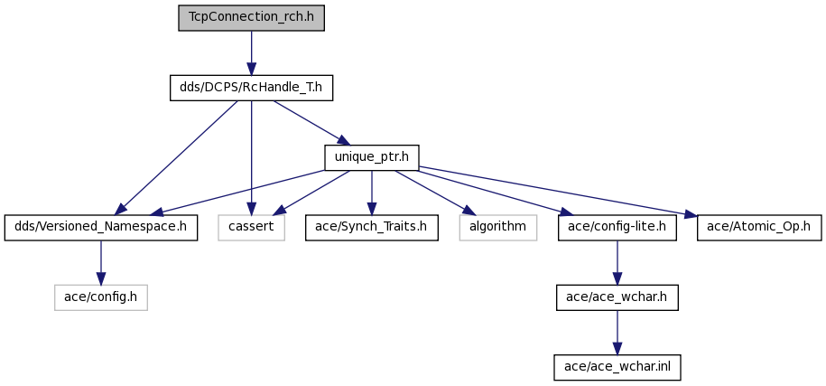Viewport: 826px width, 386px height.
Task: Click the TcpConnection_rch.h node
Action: [251, 18]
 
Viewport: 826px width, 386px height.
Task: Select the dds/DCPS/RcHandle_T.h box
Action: [251, 88]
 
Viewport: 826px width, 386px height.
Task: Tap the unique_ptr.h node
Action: [372, 157]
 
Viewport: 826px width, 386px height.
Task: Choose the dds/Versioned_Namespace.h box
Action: [100, 228]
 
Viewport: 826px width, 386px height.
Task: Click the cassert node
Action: [251, 228]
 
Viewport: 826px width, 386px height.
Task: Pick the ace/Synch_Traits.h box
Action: [372, 228]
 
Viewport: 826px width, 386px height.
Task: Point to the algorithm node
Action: [497, 228]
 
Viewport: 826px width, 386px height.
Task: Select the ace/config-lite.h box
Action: [617, 228]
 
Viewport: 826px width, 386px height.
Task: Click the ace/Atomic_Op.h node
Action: [759, 228]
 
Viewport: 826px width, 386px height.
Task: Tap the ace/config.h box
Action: [100, 297]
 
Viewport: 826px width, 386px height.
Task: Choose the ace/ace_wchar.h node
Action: [617, 297]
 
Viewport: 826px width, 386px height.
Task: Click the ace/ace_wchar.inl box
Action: [617, 367]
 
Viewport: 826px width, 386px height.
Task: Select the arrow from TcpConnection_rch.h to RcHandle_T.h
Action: [251, 52]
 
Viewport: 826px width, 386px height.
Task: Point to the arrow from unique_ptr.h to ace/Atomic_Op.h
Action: [558, 192]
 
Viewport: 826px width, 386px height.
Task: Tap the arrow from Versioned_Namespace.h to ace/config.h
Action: [100, 263]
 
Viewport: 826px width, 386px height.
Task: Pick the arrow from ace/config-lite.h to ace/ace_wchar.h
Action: [617, 263]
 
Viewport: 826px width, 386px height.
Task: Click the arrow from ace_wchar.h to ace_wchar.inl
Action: [617, 333]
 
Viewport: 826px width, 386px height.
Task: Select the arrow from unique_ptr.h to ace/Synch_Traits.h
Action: [372, 193]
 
